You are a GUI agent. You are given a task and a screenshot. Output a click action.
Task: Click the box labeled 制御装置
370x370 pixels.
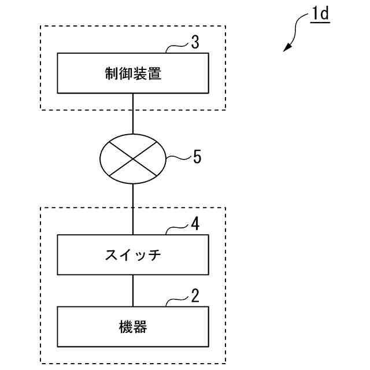click(x=133, y=73)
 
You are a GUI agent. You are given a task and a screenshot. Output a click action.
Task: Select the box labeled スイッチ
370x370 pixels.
click(x=133, y=255)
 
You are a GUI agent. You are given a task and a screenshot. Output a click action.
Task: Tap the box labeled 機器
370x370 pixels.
click(x=133, y=327)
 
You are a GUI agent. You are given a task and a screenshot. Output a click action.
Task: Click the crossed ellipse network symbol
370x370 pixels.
click(x=133, y=158)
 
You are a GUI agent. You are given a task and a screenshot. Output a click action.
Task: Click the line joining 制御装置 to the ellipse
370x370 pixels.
click(x=133, y=113)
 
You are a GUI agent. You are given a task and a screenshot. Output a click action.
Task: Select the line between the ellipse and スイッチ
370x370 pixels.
click(x=133, y=209)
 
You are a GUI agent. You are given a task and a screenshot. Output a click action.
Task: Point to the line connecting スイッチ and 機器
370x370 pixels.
click(x=133, y=290)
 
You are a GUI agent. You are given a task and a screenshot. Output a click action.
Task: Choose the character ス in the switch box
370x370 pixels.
click(x=111, y=255)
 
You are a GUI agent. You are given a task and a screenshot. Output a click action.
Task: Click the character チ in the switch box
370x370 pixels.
click(x=154, y=255)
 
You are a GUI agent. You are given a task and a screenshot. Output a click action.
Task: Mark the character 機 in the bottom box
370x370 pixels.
click(x=125, y=328)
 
